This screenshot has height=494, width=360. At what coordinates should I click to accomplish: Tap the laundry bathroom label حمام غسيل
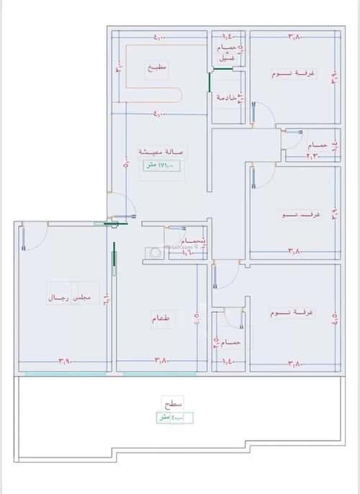click(228, 53)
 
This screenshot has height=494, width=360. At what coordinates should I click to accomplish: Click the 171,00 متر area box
click(160, 166)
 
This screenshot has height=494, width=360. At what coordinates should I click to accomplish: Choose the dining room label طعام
click(161, 322)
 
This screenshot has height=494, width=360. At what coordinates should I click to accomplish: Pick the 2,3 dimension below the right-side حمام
click(313, 156)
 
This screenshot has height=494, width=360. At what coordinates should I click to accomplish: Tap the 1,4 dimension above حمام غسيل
click(228, 35)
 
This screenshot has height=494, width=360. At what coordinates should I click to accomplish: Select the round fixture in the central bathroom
click(153, 253)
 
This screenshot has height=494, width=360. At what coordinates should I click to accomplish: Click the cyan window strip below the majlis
click(65, 374)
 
